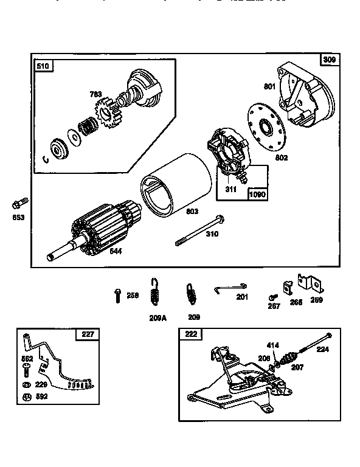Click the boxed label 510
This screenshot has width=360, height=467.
[x=44, y=66]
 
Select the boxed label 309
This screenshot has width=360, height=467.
[x=329, y=60]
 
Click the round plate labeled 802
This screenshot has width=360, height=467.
[x=266, y=129]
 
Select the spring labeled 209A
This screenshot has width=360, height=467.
[x=154, y=291]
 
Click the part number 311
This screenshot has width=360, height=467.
[x=231, y=189]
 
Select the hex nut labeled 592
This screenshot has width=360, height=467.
[x=26, y=398]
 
